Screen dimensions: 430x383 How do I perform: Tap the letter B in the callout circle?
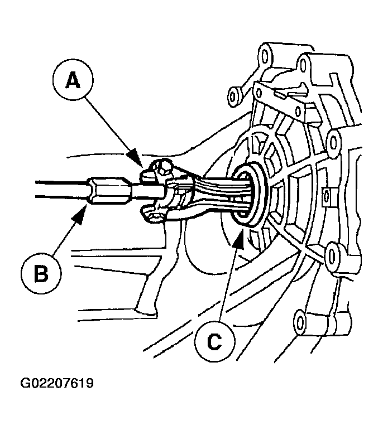(41, 274)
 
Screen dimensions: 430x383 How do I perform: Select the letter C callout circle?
(214, 342)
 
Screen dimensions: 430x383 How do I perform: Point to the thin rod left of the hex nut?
(56, 188)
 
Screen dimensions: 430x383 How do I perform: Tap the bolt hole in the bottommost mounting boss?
(301, 321)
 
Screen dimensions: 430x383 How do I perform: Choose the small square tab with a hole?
(327, 195)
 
